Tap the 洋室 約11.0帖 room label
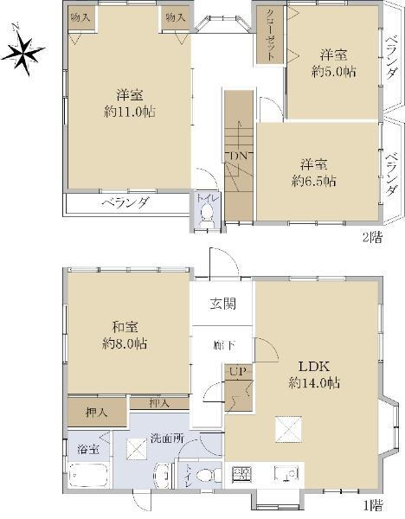pyautogui.click(x=125, y=102)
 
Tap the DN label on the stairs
pyautogui.click(x=238, y=156)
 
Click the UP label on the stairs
pyautogui.click(x=235, y=372)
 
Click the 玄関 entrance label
pyautogui.click(x=222, y=304)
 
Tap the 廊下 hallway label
pyautogui.click(x=222, y=346)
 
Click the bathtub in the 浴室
pyautogui.click(x=86, y=476)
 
